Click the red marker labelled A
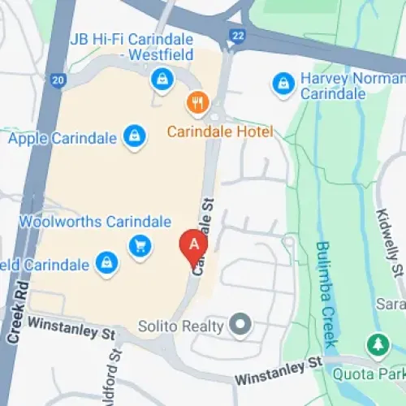(193, 245)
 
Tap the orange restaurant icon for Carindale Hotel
(196, 103)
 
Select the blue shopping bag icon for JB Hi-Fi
(162, 80)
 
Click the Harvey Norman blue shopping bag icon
(283, 82)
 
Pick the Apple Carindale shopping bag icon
(134, 136)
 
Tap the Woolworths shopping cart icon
(140, 245)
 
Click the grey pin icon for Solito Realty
(240, 326)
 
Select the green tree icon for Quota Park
(378, 345)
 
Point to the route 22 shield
(237, 36)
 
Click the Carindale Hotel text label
(220, 132)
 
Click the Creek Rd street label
(18, 313)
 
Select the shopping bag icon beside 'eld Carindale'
(106, 262)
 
